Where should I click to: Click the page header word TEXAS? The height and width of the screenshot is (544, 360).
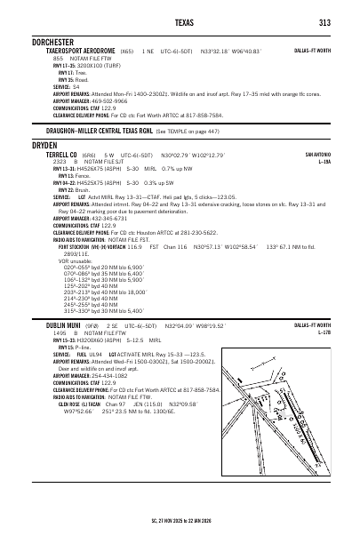[x=180, y=22]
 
